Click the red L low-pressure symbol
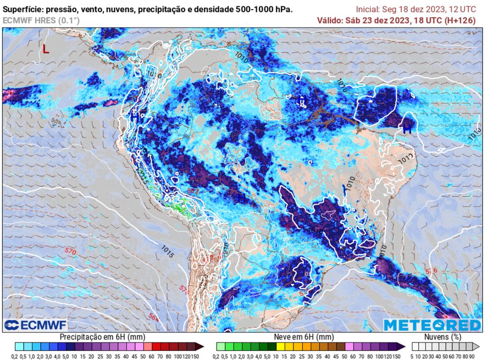(45, 49)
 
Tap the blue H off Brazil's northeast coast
(407, 129)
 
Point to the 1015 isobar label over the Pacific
(168, 251)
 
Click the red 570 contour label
(71, 250)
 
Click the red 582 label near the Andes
(193, 191)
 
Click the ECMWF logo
(36, 325)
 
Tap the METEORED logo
(431, 325)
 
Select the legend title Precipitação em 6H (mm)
(102, 336)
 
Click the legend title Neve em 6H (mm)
(304, 336)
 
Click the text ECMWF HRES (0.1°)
(41, 20)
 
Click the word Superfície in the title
(22, 9)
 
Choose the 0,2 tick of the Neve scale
(216, 356)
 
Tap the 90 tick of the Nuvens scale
(472, 356)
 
